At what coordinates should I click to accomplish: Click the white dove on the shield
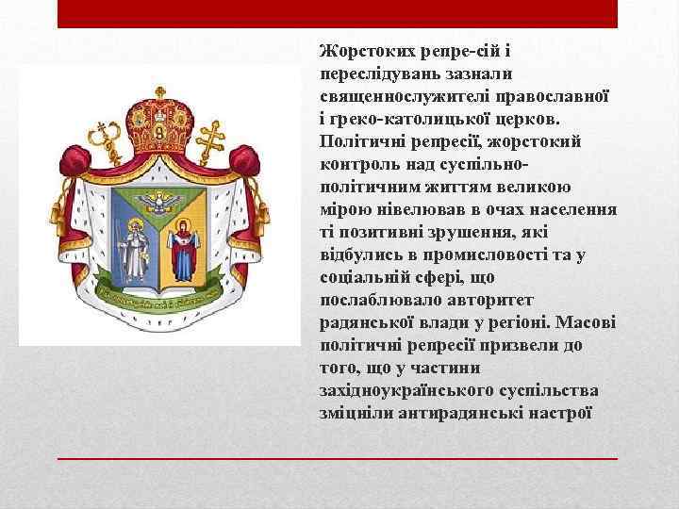(x=157, y=200)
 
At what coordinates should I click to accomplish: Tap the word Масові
(x=587, y=323)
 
